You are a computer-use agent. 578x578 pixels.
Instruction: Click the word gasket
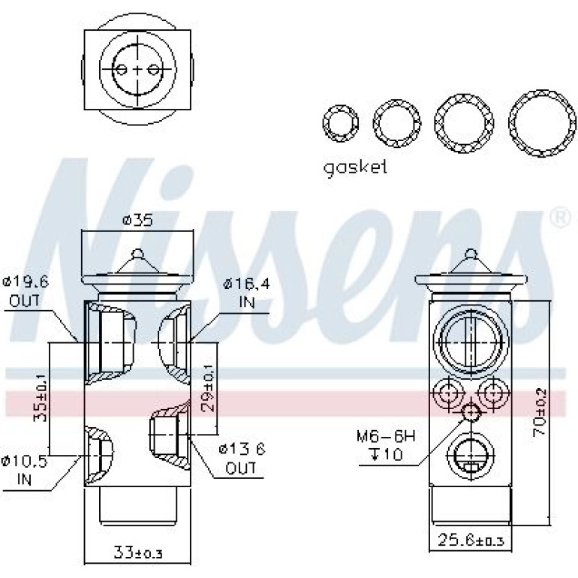(x=355, y=168)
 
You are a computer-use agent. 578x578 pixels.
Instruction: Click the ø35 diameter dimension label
(x=137, y=221)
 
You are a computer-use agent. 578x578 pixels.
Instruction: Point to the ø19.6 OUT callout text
(x=25, y=292)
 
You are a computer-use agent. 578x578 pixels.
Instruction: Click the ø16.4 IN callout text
(x=247, y=293)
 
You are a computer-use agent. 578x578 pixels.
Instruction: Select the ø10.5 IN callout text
(x=24, y=470)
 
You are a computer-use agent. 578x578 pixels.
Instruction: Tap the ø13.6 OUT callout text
(x=242, y=459)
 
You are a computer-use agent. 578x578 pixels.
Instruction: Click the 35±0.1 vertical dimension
(x=41, y=398)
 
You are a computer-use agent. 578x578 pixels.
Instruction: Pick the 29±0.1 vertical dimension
(x=208, y=388)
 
